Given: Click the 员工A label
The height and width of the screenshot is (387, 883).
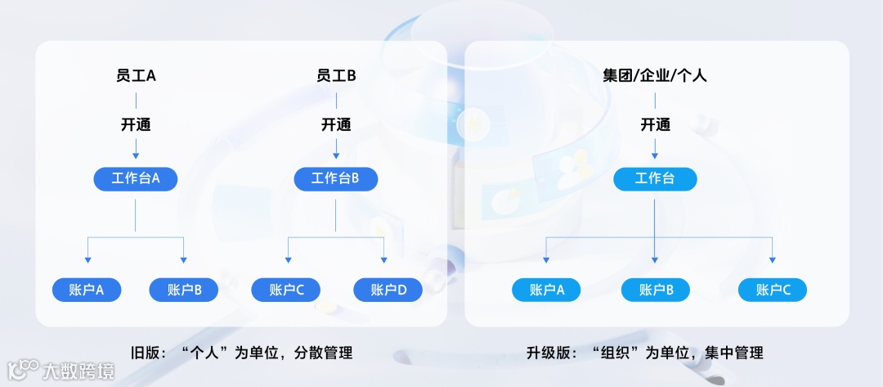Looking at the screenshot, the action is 136,76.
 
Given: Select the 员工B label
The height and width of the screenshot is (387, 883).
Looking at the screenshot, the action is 336,76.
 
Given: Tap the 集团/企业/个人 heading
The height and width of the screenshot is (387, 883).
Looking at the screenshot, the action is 655,76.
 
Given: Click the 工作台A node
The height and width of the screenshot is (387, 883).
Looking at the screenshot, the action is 136,179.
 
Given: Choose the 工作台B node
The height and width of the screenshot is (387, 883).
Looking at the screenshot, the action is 336,179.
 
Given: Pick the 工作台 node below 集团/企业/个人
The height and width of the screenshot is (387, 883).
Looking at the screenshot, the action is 655,179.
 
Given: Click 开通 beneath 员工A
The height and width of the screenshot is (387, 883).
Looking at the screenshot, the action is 136,125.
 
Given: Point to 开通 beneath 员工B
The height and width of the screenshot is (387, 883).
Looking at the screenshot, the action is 336,125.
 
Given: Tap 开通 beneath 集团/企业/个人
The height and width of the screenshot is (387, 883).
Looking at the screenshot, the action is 655,125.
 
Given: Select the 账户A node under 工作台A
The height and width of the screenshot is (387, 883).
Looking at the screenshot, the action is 87,290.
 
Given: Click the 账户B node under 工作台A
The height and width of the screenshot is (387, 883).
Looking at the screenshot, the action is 184,290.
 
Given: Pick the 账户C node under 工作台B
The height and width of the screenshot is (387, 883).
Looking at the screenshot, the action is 286,290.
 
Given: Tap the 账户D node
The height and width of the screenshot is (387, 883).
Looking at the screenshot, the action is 388,290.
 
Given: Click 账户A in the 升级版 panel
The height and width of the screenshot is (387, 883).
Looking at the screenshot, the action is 547,290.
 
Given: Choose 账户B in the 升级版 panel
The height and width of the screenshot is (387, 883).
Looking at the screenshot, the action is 656,290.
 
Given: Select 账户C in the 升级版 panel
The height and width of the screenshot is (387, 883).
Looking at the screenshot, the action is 773,290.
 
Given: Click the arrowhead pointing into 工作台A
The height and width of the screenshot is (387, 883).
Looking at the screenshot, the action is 136,155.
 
